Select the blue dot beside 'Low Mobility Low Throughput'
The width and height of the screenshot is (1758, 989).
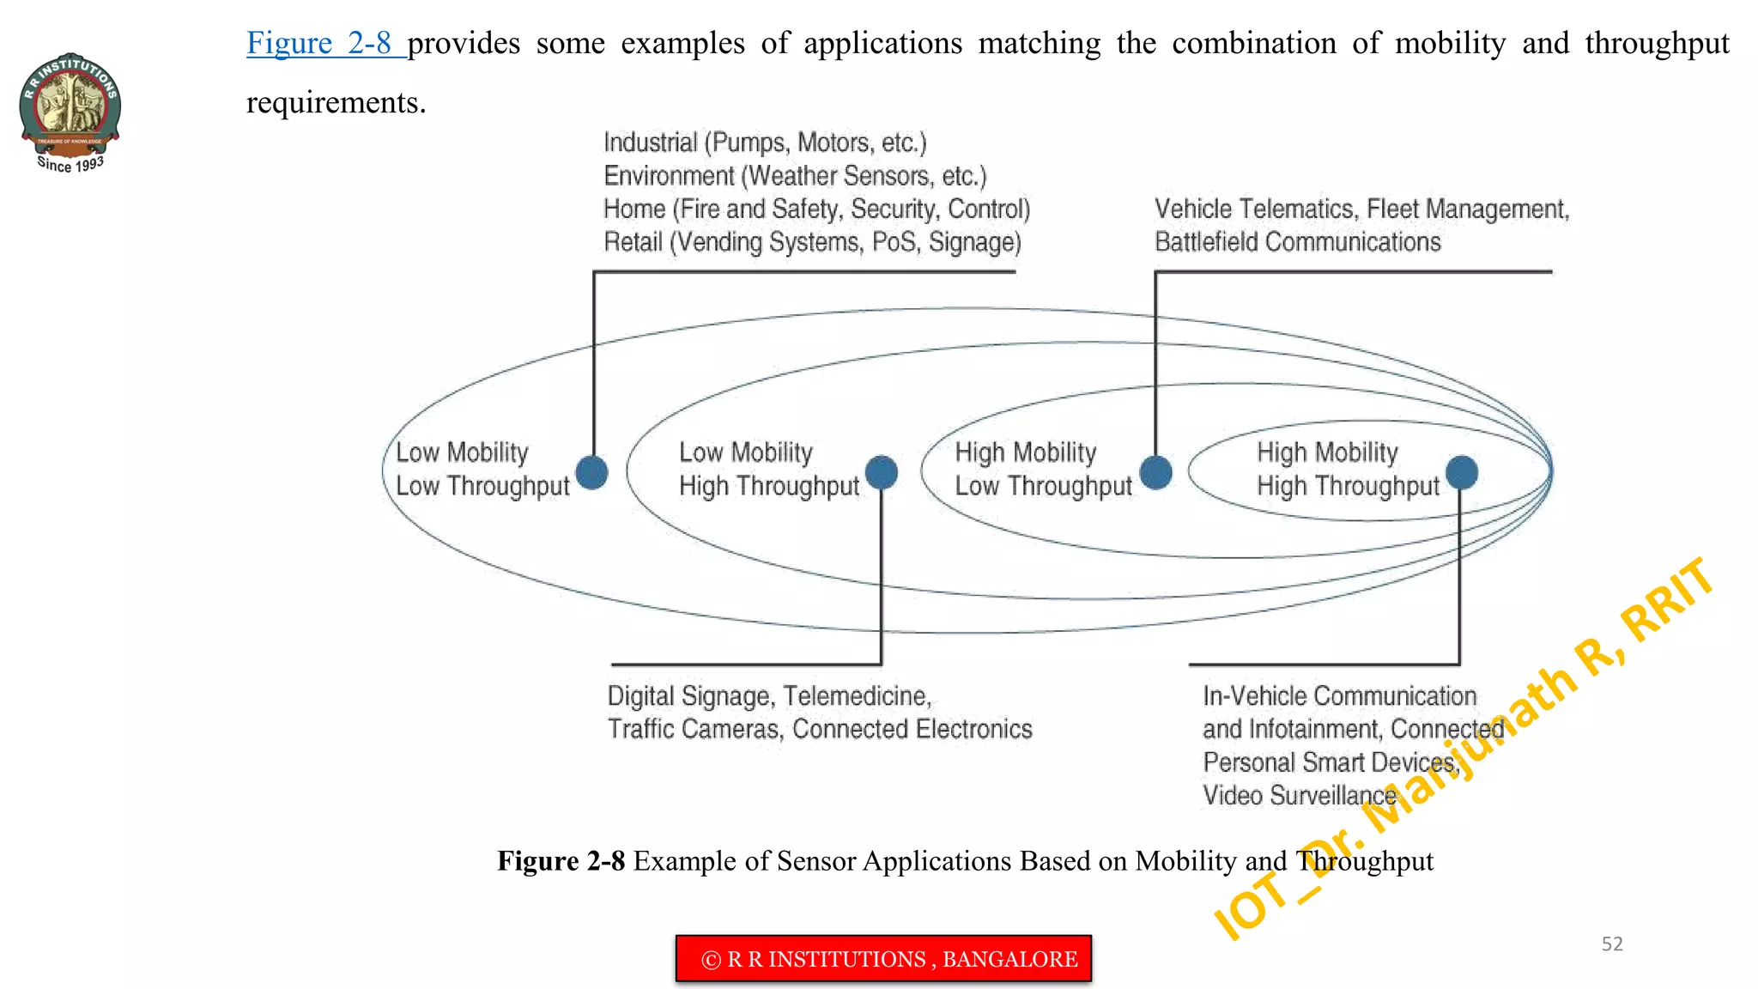591,472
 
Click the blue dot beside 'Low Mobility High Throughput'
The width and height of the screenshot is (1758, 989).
881,472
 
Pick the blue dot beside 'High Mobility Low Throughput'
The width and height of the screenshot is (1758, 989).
1155,472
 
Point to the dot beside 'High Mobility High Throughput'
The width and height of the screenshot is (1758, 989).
1461,472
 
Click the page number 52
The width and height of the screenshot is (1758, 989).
1612,944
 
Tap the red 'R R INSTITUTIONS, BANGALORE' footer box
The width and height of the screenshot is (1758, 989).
883,959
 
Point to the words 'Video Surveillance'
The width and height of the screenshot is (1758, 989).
1299,796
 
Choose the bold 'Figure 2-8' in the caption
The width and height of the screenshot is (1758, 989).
561,861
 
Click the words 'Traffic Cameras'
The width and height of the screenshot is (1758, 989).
694,730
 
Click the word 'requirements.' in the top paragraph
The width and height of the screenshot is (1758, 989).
336,103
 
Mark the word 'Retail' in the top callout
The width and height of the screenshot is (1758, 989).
633,243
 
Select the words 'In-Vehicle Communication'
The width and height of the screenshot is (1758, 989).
1339,696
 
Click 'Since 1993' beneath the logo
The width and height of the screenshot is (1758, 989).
70,164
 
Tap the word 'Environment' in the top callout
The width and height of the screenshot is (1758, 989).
669,176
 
